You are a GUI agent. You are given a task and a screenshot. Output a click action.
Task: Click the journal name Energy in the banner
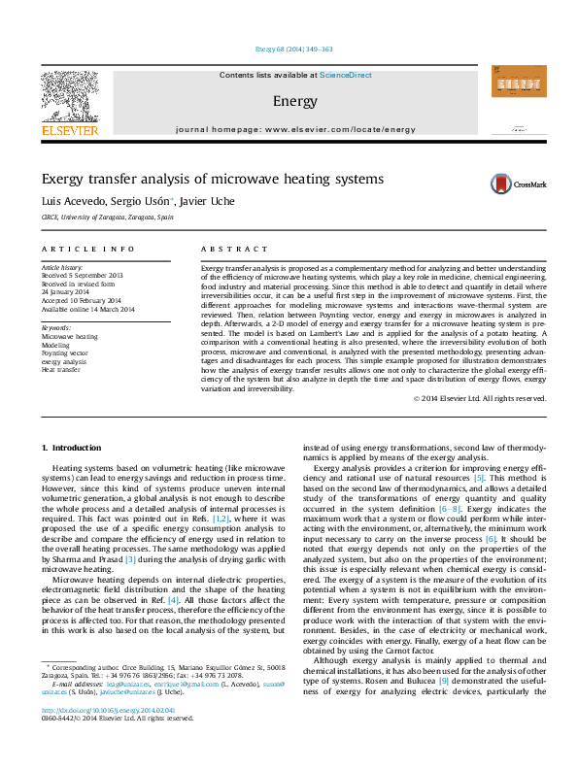[294, 101]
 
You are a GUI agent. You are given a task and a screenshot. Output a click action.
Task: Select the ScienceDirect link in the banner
[345, 75]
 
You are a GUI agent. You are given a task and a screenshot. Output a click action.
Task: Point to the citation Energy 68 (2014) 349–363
[293, 49]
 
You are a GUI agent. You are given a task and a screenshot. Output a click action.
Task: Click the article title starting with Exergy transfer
[212, 179]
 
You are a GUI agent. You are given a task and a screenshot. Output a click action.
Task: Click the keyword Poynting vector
[64, 353]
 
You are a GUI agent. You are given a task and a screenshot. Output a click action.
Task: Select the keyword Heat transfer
[60, 369]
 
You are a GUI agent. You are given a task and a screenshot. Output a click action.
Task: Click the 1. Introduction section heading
[74, 448]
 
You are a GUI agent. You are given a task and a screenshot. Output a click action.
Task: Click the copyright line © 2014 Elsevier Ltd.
[479, 398]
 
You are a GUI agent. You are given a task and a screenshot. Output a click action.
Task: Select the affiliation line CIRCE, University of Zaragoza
[107, 218]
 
